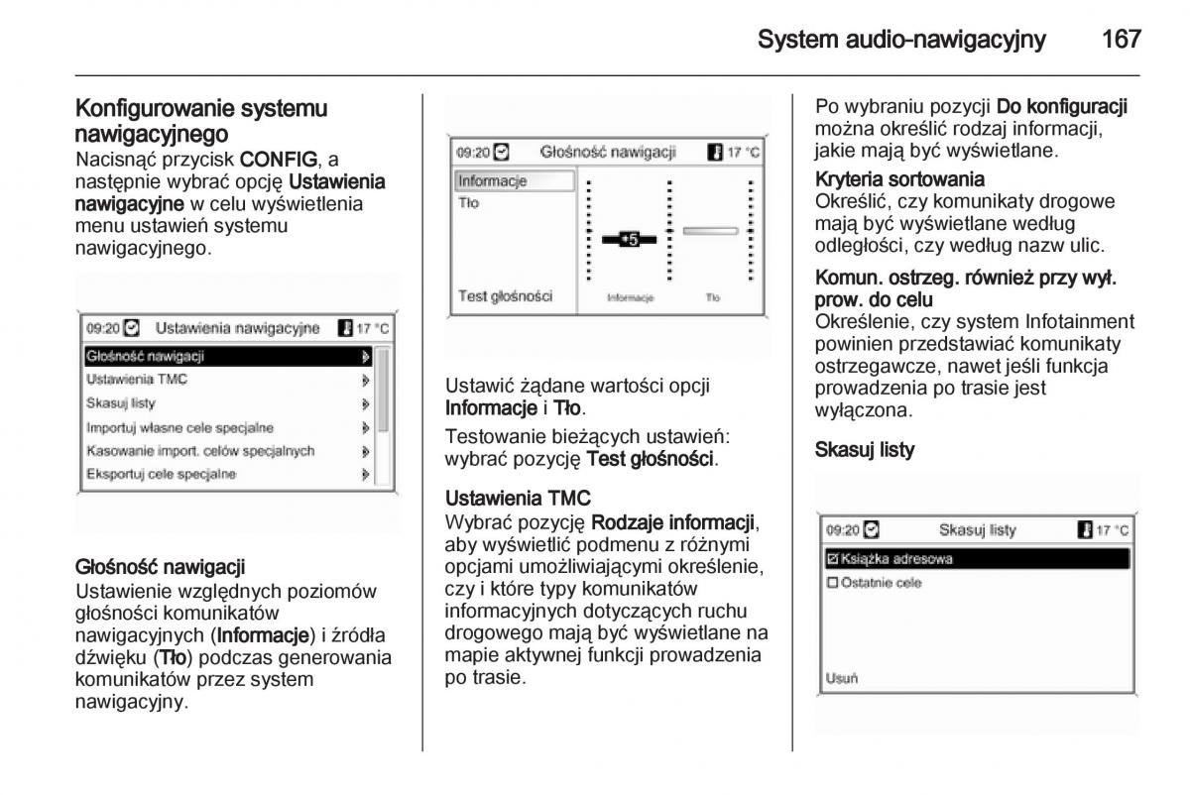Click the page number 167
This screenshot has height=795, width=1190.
click(1121, 40)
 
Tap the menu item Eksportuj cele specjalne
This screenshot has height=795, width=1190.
click(161, 474)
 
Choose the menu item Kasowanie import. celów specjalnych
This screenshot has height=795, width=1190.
click(200, 450)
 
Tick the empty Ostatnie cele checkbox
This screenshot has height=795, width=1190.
click(833, 583)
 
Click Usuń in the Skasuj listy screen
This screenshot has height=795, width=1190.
click(842, 679)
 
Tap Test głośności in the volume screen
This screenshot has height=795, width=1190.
click(505, 295)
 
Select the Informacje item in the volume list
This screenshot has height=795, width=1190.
click(493, 181)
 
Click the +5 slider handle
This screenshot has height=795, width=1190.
click(628, 239)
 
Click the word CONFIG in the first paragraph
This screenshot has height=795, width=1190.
click(279, 159)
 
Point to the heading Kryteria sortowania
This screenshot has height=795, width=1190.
click(899, 179)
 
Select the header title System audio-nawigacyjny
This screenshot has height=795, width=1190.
click(900, 40)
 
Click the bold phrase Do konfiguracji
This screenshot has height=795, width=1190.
click(1062, 106)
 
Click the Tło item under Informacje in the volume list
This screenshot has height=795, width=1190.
click(469, 203)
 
